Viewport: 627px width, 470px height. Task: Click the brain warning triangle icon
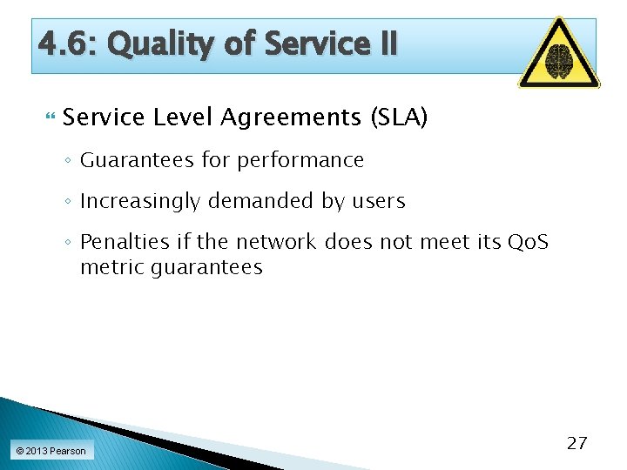click(x=558, y=55)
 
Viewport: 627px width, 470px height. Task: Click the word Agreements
click(x=290, y=117)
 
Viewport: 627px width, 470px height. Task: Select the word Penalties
click(x=122, y=242)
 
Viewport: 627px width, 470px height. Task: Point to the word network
click(x=276, y=242)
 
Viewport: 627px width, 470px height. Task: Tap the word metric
click(x=112, y=267)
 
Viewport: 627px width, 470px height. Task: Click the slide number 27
click(x=576, y=443)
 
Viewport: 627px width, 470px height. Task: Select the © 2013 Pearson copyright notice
click(x=51, y=451)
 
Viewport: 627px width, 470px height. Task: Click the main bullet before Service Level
click(x=49, y=117)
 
